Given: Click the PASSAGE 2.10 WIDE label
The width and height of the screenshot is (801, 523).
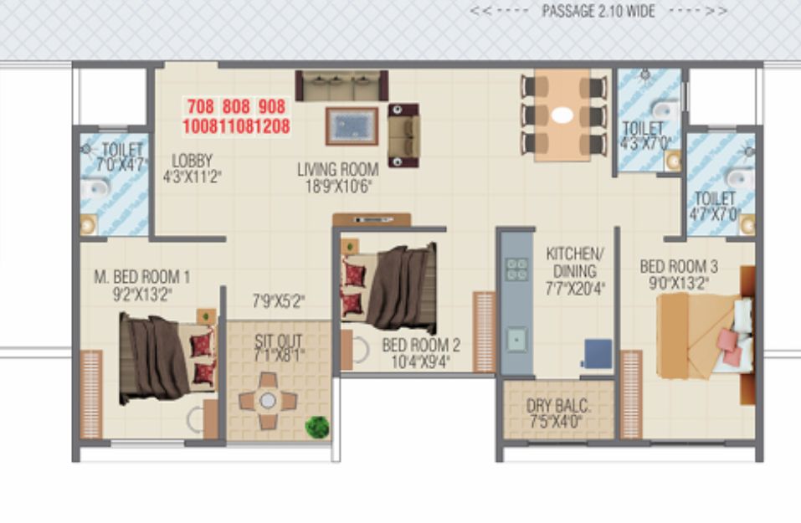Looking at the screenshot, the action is click(x=598, y=11).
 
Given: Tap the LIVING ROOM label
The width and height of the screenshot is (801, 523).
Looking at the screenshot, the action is click(x=338, y=170).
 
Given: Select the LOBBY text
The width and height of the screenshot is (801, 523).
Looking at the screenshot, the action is click(x=192, y=161).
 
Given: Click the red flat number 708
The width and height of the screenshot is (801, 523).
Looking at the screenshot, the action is click(x=200, y=107).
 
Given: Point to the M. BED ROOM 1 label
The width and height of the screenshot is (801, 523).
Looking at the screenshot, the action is click(x=142, y=277).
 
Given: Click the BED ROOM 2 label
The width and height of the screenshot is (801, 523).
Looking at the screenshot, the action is click(x=421, y=345).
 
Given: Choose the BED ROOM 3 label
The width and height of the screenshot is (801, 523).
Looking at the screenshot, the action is click(x=679, y=266).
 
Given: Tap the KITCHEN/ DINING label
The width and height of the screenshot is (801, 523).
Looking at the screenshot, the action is click(x=575, y=262).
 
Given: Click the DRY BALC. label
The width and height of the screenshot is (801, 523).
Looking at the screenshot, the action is click(x=558, y=406).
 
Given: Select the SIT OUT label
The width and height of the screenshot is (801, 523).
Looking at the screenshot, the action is click(x=279, y=341).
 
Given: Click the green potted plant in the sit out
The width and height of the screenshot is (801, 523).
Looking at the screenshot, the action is click(x=316, y=428).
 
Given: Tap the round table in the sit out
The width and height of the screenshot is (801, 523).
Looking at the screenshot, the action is click(x=268, y=401).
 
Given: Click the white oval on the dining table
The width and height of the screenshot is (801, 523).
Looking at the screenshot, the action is click(x=562, y=115).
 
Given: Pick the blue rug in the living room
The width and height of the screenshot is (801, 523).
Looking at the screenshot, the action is click(x=352, y=126).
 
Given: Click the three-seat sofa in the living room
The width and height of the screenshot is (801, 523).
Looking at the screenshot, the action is click(x=341, y=85).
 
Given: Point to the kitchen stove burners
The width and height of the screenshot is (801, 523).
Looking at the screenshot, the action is click(x=516, y=269).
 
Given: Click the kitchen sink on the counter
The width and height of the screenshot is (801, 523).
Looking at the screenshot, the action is click(x=516, y=340).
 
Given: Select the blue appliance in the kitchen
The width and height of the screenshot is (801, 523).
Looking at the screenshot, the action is click(x=597, y=354).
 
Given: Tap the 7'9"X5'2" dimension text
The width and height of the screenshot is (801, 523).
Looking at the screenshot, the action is click(x=279, y=300).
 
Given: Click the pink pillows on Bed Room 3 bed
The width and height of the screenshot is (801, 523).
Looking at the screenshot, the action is click(x=729, y=346).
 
